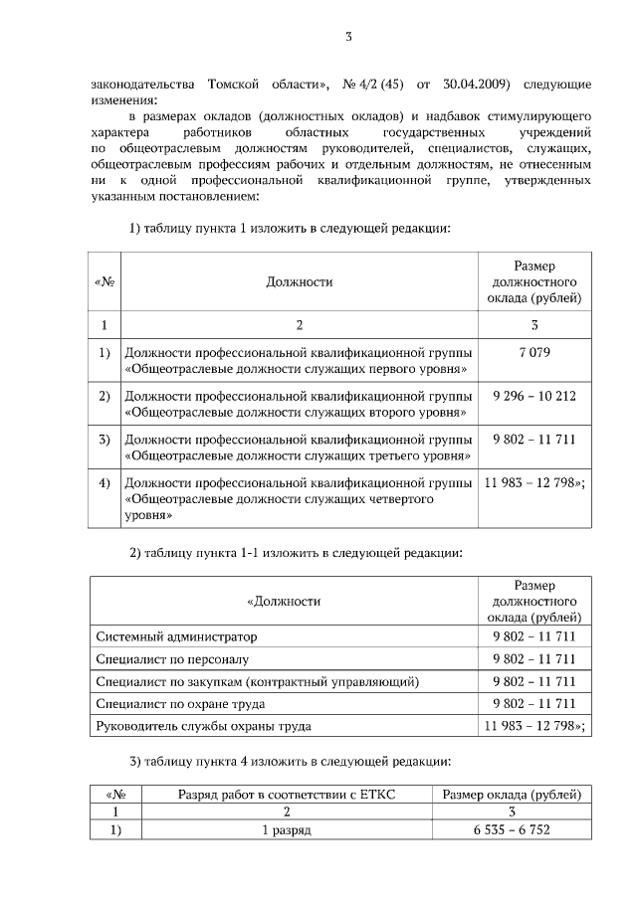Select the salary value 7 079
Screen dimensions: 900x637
tap(533, 353)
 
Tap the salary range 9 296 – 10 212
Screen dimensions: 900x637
tap(533, 396)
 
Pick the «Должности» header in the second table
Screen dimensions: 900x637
tap(284, 602)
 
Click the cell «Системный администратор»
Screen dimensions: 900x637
tap(176, 636)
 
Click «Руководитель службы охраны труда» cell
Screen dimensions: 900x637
tap(203, 727)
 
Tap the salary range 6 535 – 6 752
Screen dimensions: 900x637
tap(511, 830)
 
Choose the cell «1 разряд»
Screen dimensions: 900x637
tap(287, 830)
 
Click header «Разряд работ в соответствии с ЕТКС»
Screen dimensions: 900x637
tap(287, 795)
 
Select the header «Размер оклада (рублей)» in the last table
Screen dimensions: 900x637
tap(511, 795)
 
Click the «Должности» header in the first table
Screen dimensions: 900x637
tap(299, 282)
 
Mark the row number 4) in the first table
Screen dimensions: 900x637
tap(104, 484)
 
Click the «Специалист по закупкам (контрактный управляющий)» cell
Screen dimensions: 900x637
tap(257, 682)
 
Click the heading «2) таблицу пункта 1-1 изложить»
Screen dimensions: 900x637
tap(296, 553)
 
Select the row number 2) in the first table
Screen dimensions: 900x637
tap(104, 396)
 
